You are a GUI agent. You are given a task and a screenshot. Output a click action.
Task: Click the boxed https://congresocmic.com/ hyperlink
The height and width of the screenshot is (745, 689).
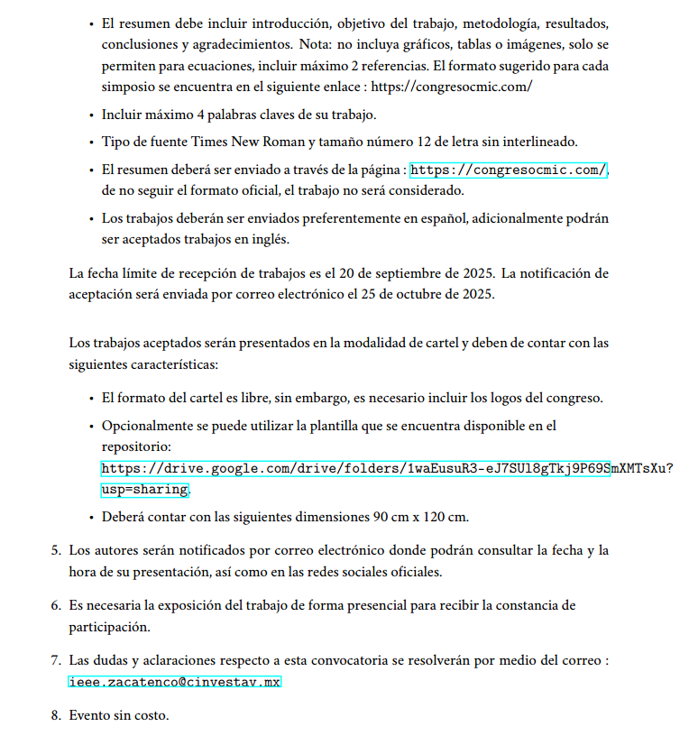coord(509,170)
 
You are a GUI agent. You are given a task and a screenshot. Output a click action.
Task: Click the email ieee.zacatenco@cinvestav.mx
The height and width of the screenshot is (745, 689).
coord(175,682)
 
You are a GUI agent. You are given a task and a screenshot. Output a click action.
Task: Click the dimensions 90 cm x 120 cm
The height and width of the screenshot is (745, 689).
coord(420,517)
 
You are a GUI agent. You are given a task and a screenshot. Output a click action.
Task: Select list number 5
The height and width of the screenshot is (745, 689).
coord(56,550)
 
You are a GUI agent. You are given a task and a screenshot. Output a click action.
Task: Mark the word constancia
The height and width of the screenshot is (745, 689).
coord(537,605)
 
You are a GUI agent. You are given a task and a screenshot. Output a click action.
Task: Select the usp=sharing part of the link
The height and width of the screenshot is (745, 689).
coord(144,490)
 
